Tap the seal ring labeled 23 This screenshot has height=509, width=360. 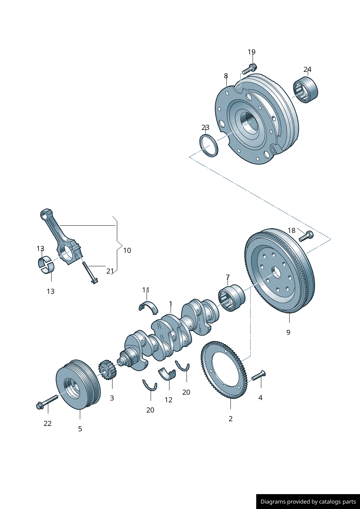point(209,145)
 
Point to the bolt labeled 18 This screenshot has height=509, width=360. point(306,236)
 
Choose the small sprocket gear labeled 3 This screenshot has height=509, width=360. point(106,370)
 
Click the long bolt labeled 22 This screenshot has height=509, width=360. point(47,402)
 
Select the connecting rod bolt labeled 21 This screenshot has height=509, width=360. point(90,272)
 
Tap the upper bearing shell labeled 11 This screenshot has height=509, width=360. point(148,305)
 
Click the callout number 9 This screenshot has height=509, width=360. point(288,332)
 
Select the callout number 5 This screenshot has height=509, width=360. point(80,429)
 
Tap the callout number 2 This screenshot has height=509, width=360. point(230,419)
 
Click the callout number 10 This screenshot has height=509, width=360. point(127,250)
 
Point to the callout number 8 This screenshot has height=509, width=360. point(226,76)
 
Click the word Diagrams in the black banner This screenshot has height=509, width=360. point(273,502)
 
